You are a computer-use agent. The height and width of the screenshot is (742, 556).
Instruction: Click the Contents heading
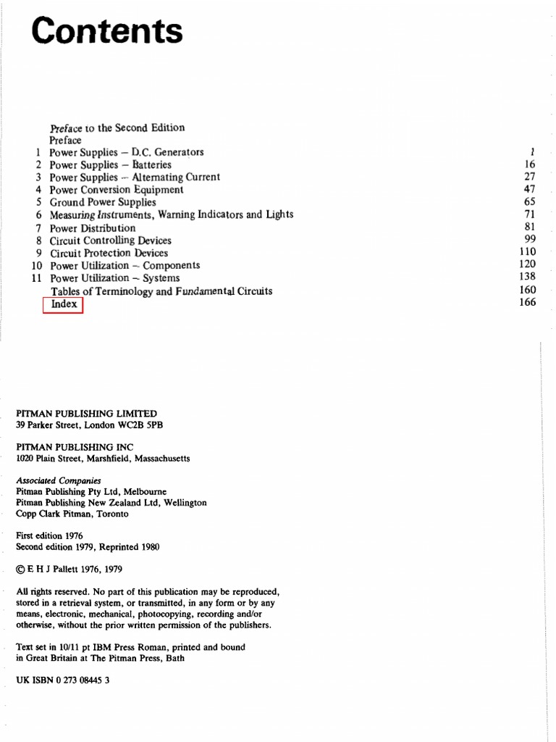click(107, 32)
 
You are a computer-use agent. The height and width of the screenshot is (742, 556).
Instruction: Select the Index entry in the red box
click(64, 304)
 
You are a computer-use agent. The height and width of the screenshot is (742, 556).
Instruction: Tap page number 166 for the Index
click(527, 302)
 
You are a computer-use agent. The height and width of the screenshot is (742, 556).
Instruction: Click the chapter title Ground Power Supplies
click(102, 202)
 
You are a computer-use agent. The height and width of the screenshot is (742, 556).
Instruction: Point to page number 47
click(529, 189)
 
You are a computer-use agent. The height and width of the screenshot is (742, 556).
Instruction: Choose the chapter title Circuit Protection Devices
click(109, 253)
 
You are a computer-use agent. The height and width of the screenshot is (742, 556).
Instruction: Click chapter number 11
click(37, 278)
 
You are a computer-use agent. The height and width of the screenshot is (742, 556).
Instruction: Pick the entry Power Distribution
click(92, 228)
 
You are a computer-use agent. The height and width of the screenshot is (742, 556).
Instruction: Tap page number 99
click(529, 239)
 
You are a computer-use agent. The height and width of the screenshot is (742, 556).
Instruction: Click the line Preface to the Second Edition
click(117, 128)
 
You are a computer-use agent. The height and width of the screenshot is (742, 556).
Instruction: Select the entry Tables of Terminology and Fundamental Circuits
click(161, 291)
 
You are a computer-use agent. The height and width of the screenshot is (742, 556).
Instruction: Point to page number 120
click(527, 264)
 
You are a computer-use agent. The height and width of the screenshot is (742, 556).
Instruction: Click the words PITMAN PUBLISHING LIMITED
click(86, 414)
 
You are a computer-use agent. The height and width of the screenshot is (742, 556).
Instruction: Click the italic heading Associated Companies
click(59, 480)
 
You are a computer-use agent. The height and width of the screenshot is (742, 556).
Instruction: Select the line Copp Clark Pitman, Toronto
click(72, 514)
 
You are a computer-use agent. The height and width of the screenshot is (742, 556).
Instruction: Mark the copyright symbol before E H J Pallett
click(20, 570)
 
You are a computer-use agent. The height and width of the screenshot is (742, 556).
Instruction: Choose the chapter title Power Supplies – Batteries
click(110, 164)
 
